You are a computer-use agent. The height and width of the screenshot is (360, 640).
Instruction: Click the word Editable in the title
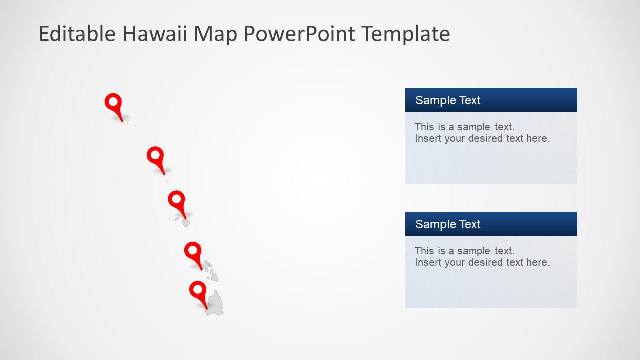click(x=77, y=34)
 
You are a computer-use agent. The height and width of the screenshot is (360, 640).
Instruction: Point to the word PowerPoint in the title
click(x=299, y=34)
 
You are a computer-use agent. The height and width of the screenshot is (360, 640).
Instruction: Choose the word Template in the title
click(x=405, y=34)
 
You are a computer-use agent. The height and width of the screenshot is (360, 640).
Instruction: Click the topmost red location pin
click(x=114, y=103)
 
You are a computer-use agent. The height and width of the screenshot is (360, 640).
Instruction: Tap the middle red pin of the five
click(x=177, y=200)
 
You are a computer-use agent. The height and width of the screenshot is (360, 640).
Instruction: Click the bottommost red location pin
click(x=198, y=291)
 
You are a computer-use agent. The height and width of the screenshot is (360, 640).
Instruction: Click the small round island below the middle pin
click(x=186, y=223)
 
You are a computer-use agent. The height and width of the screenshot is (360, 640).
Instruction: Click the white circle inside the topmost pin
click(x=113, y=102)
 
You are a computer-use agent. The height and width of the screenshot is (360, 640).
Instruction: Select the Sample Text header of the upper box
click(x=447, y=100)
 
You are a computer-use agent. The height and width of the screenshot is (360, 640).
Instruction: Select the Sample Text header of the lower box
click(x=447, y=224)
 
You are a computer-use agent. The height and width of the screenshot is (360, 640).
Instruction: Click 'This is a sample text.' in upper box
click(x=464, y=127)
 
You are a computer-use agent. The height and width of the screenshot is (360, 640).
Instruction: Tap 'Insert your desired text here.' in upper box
click(x=482, y=138)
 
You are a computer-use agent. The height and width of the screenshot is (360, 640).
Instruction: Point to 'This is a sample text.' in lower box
click(x=464, y=251)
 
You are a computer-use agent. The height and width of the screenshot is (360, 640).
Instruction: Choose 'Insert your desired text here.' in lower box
click(x=482, y=262)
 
